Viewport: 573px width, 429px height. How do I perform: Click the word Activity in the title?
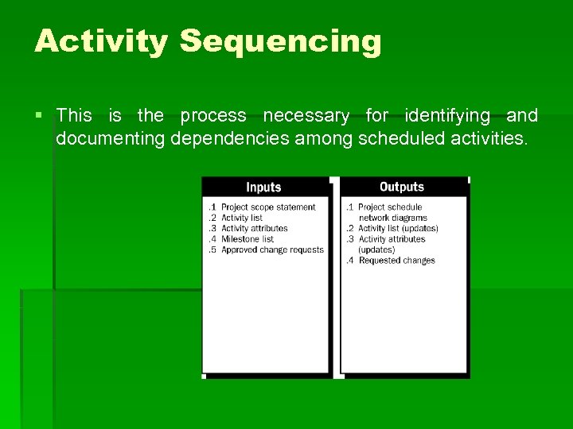(x=100, y=41)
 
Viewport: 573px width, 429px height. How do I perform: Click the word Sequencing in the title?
(x=280, y=41)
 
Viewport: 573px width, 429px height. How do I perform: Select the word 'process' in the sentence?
(x=213, y=116)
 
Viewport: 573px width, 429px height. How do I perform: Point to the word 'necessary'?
(x=306, y=116)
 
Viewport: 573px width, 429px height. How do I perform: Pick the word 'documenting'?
(x=110, y=139)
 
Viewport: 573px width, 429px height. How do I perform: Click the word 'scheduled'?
(x=400, y=139)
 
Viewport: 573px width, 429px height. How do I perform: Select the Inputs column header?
(x=263, y=187)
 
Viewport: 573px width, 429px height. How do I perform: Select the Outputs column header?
(x=402, y=187)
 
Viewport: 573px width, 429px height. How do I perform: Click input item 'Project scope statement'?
(x=268, y=207)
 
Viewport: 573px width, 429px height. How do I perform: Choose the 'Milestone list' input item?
(x=248, y=239)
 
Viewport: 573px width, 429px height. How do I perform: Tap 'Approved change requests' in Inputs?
(x=272, y=249)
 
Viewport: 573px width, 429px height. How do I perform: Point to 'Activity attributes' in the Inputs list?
(x=254, y=229)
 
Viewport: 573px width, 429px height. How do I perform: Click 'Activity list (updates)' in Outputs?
(x=398, y=229)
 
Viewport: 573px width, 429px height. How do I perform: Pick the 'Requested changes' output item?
(x=396, y=261)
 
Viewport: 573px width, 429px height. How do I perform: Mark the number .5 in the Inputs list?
(x=212, y=249)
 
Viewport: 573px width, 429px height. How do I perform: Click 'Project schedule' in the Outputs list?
(x=390, y=207)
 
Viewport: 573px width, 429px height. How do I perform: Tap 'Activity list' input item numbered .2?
(x=242, y=218)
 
